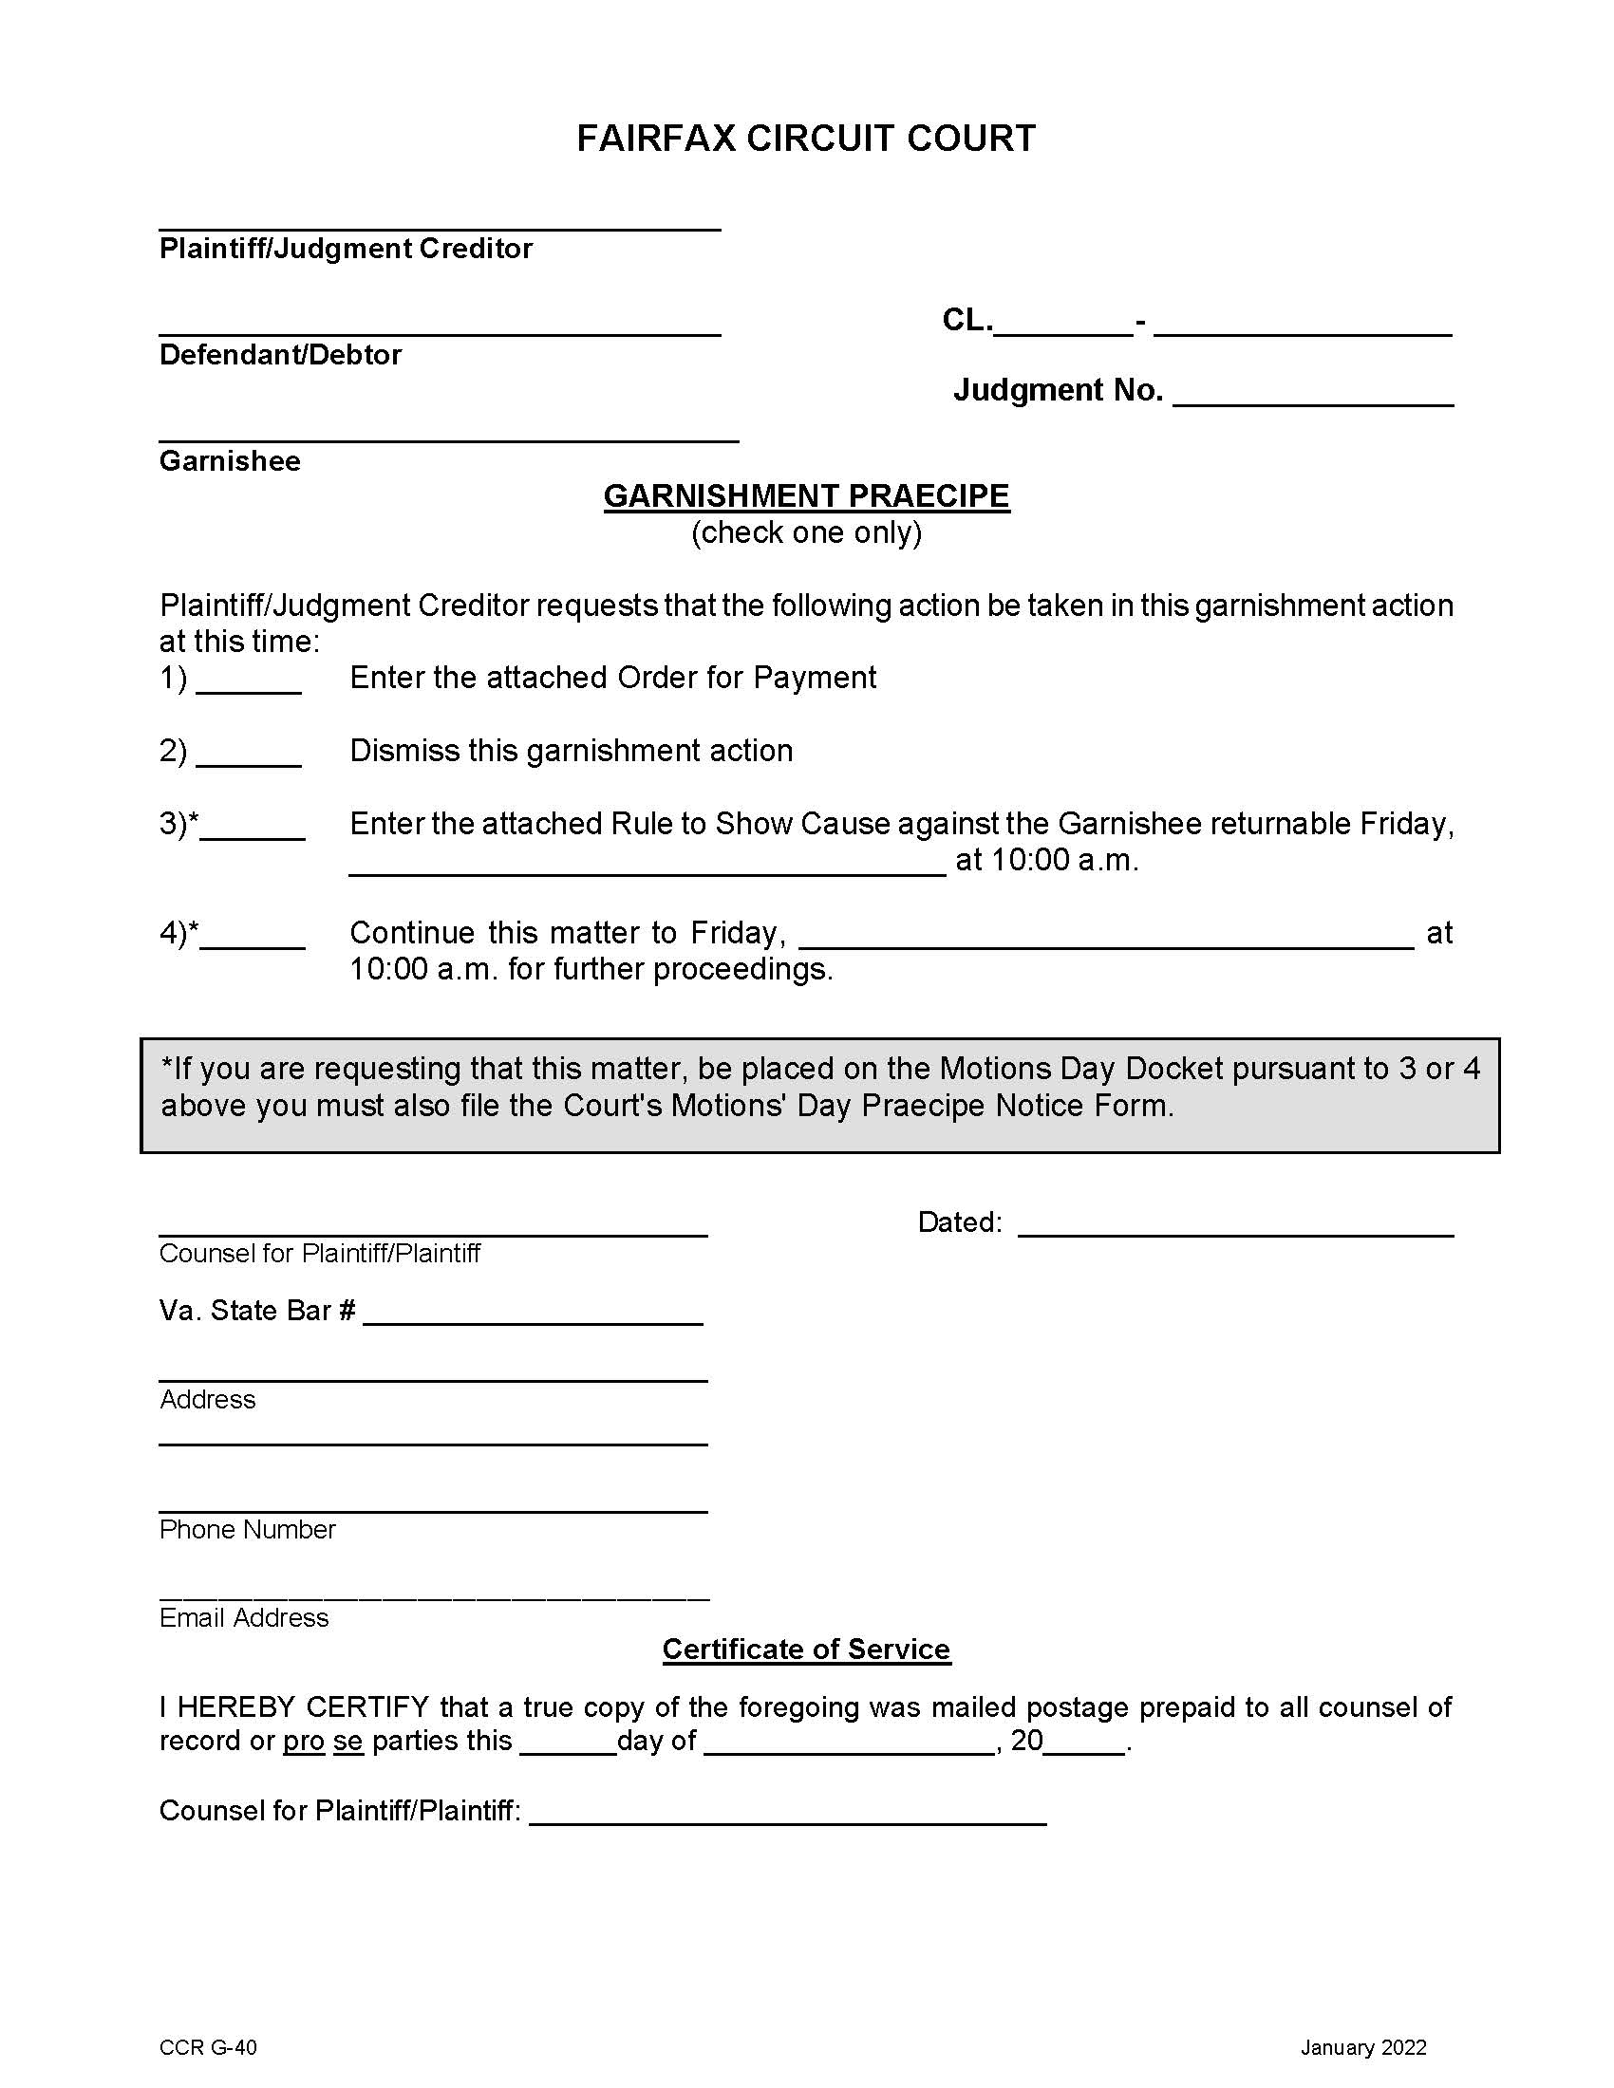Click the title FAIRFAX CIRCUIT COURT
(805, 139)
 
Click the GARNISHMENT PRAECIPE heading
(806, 495)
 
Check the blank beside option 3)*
(253, 829)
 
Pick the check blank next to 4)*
(253, 938)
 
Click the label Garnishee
(230, 461)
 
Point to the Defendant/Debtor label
(280, 355)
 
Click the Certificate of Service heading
(806, 1649)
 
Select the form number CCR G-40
(208, 2047)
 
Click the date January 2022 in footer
(1362, 2047)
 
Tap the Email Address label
(244, 1617)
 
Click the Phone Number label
(248, 1529)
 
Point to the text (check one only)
(806, 531)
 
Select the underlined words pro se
(322, 1740)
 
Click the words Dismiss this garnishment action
(571, 751)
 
